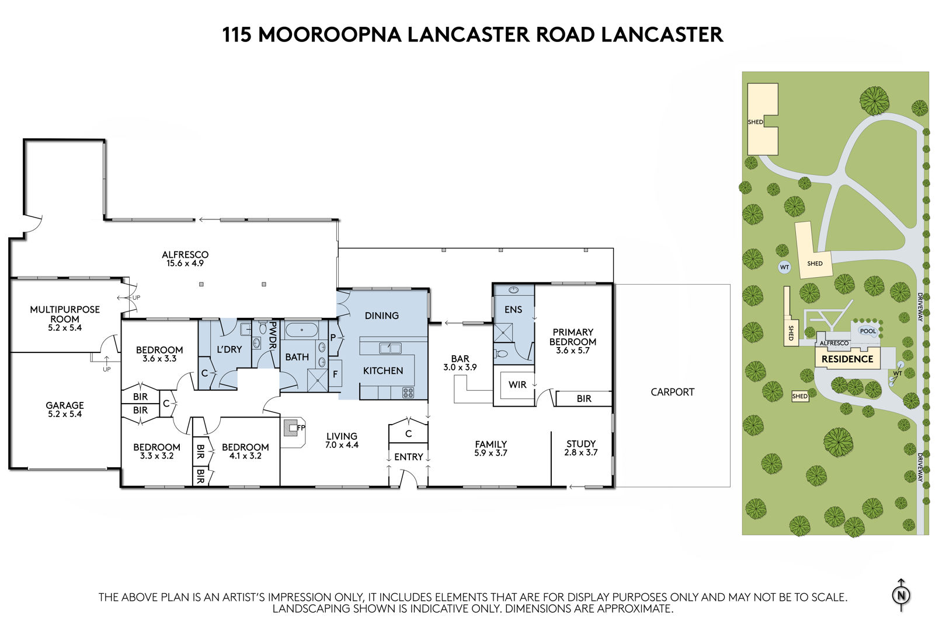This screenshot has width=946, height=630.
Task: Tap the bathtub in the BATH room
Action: (x=302, y=330)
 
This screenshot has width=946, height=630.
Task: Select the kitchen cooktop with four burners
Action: (x=408, y=393)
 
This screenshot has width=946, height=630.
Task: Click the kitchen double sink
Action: (x=390, y=348)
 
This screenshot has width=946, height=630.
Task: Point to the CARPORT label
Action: (x=672, y=392)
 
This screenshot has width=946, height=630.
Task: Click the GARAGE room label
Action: (x=65, y=405)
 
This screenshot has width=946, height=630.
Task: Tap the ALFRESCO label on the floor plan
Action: (x=185, y=254)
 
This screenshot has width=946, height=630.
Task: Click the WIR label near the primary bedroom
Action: (x=517, y=384)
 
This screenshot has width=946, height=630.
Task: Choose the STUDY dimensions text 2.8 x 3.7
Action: (x=580, y=452)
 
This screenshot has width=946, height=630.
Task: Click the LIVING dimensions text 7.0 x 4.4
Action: (x=342, y=444)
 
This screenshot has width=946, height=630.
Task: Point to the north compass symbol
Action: (x=901, y=595)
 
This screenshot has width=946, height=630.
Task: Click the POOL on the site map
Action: (x=868, y=331)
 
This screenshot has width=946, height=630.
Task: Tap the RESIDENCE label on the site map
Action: (x=847, y=359)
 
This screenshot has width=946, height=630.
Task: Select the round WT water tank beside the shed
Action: (x=784, y=267)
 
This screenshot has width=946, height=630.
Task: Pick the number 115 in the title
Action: (x=237, y=34)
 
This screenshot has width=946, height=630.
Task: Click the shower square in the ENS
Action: (x=503, y=332)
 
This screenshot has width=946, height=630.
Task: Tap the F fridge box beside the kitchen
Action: (x=335, y=373)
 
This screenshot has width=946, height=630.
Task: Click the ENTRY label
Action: (x=408, y=457)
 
